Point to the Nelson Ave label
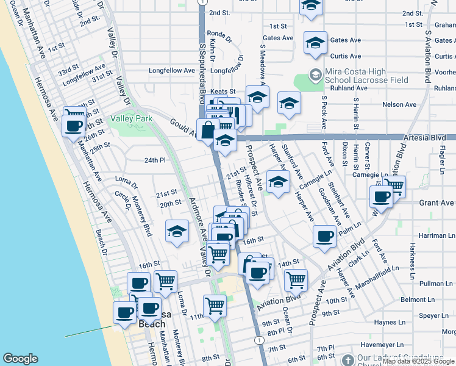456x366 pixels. coord(399,105)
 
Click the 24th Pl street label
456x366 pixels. coord(155,160)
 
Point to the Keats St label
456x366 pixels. coord(223,91)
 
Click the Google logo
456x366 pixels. coord(21,359)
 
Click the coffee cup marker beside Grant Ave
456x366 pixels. coord(382,196)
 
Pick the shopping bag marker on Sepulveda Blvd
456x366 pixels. coord(208,130)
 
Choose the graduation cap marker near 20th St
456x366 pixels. coord(177,231)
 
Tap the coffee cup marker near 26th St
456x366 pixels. coord(74,126)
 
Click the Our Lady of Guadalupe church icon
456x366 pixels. coord(347,360)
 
